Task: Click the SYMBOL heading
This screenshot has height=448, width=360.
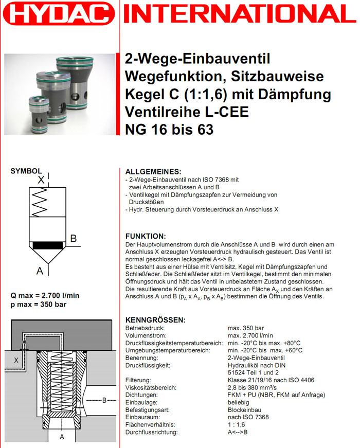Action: pyautogui.click(x=26, y=171)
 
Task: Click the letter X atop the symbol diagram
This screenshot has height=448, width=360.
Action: pyautogui.click(x=41, y=180)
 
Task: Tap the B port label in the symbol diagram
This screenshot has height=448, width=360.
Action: pyautogui.click(x=74, y=239)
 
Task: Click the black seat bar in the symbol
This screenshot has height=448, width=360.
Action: pyautogui.click(x=48, y=245)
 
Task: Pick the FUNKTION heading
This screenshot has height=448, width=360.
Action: pyautogui.click(x=146, y=236)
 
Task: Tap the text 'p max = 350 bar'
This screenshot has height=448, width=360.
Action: pyautogui.click(x=38, y=304)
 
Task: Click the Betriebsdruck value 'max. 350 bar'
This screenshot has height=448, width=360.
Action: pyautogui.click(x=246, y=328)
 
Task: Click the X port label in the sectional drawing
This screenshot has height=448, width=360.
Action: pyautogui.click(x=16, y=361)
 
